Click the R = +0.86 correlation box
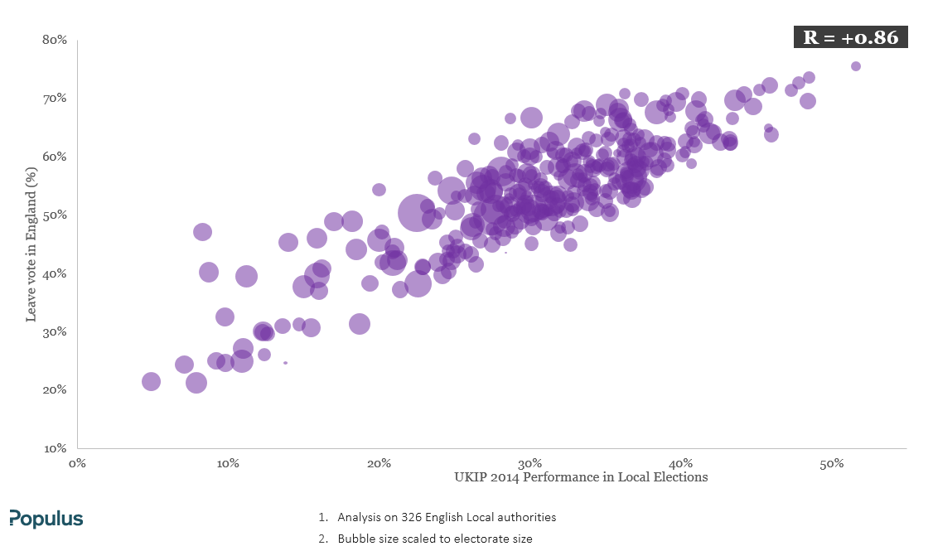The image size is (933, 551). click(850, 37)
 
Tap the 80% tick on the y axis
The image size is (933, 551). click(55, 40)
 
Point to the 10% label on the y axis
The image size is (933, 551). click(55, 448)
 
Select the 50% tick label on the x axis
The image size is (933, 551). click(831, 464)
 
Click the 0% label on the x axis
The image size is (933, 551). click(77, 464)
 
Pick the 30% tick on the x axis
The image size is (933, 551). click(529, 464)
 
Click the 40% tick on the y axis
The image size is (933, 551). click(55, 273)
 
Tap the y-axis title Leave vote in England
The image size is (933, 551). click(31, 244)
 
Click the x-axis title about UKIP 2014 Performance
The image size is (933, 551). click(581, 477)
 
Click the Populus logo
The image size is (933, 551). click(46, 519)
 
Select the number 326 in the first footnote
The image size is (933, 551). click(411, 517)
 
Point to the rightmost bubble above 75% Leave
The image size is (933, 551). click(856, 66)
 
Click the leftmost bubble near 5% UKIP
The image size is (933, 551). click(151, 381)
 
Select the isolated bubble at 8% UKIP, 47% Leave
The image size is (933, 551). click(202, 231)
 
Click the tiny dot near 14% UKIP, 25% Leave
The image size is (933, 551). click(286, 362)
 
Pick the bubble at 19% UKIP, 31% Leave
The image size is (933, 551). click(360, 324)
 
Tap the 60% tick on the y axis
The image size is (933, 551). click(55, 157)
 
